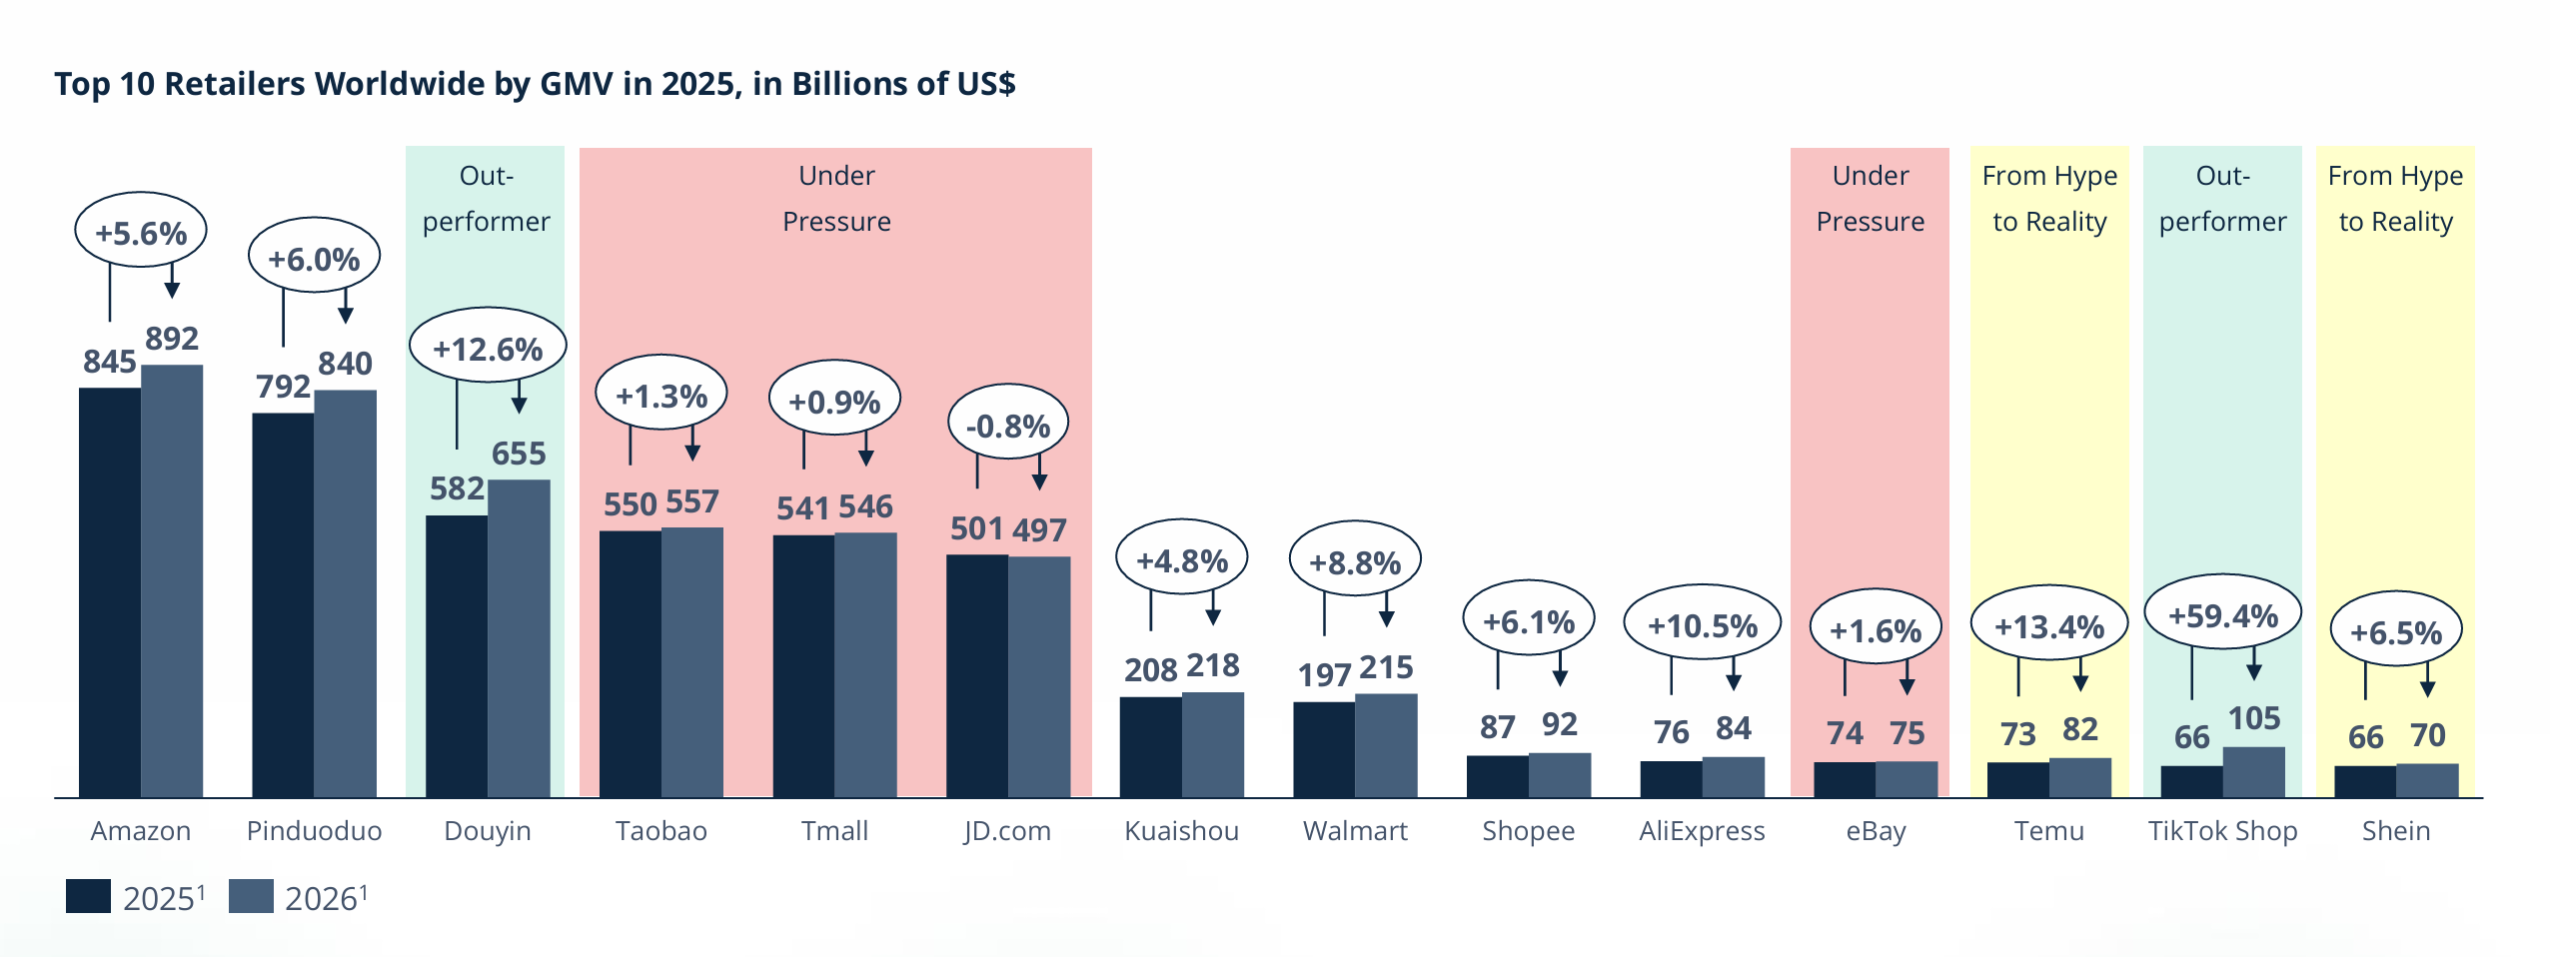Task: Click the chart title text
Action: [x=535, y=84]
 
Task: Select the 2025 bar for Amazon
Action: [x=110, y=591]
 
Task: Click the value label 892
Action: [x=172, y=339]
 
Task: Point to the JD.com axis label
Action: [x=1007, y=831]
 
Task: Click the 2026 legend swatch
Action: [x=251, y=896]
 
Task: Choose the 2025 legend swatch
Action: [x=88, y=896]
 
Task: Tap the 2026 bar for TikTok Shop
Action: [x=2253, y=771]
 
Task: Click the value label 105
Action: [x=2254, y=718]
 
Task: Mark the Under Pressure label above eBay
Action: [x=1870, y=199]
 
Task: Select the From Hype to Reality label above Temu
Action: [x=2049, y=199]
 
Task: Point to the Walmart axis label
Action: [x=1355, y=831]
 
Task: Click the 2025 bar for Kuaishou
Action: [x=1150, y=746]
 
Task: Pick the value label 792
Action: [x=283, y=387]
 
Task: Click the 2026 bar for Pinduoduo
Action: [x=345, y=593]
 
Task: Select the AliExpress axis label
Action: [x=1702, y=831]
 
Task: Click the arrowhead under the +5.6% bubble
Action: [x=172, y=290]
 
